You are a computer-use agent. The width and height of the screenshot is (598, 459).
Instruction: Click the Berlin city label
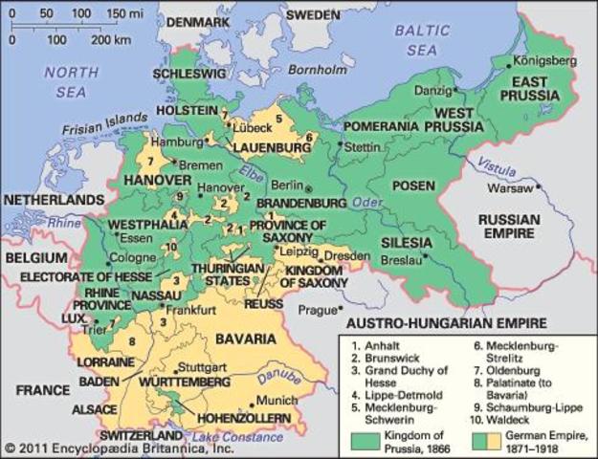(287, 186)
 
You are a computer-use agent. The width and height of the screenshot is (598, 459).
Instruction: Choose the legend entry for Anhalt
(378, 339)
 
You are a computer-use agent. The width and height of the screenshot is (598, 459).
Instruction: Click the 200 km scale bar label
(112, 41)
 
